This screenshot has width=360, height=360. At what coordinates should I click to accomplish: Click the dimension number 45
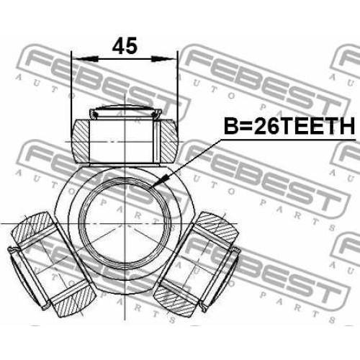125,45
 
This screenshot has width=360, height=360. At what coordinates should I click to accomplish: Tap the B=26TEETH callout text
289,126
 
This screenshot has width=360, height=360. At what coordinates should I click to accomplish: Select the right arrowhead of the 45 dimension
163,59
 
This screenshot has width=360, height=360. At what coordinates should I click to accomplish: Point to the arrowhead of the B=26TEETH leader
159,181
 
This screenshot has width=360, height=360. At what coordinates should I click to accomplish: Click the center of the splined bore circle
125,224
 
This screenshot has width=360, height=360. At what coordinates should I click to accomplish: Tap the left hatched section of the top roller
81,141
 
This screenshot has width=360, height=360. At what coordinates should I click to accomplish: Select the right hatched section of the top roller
168,141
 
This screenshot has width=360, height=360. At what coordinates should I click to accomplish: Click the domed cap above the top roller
125,112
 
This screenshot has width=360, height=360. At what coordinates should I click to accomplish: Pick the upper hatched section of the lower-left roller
33,228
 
